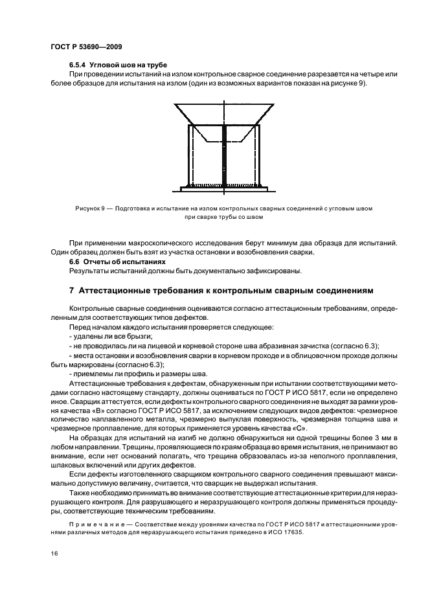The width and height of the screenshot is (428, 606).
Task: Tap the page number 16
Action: coord(53,554)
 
